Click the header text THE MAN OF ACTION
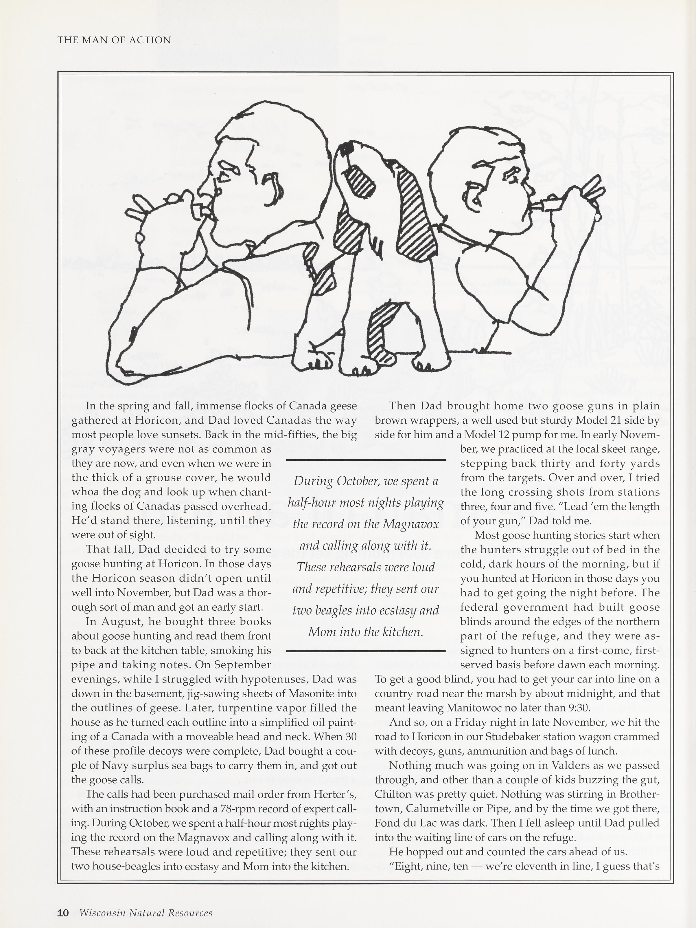click(114, 40)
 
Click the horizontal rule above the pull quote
click(365, 460)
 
